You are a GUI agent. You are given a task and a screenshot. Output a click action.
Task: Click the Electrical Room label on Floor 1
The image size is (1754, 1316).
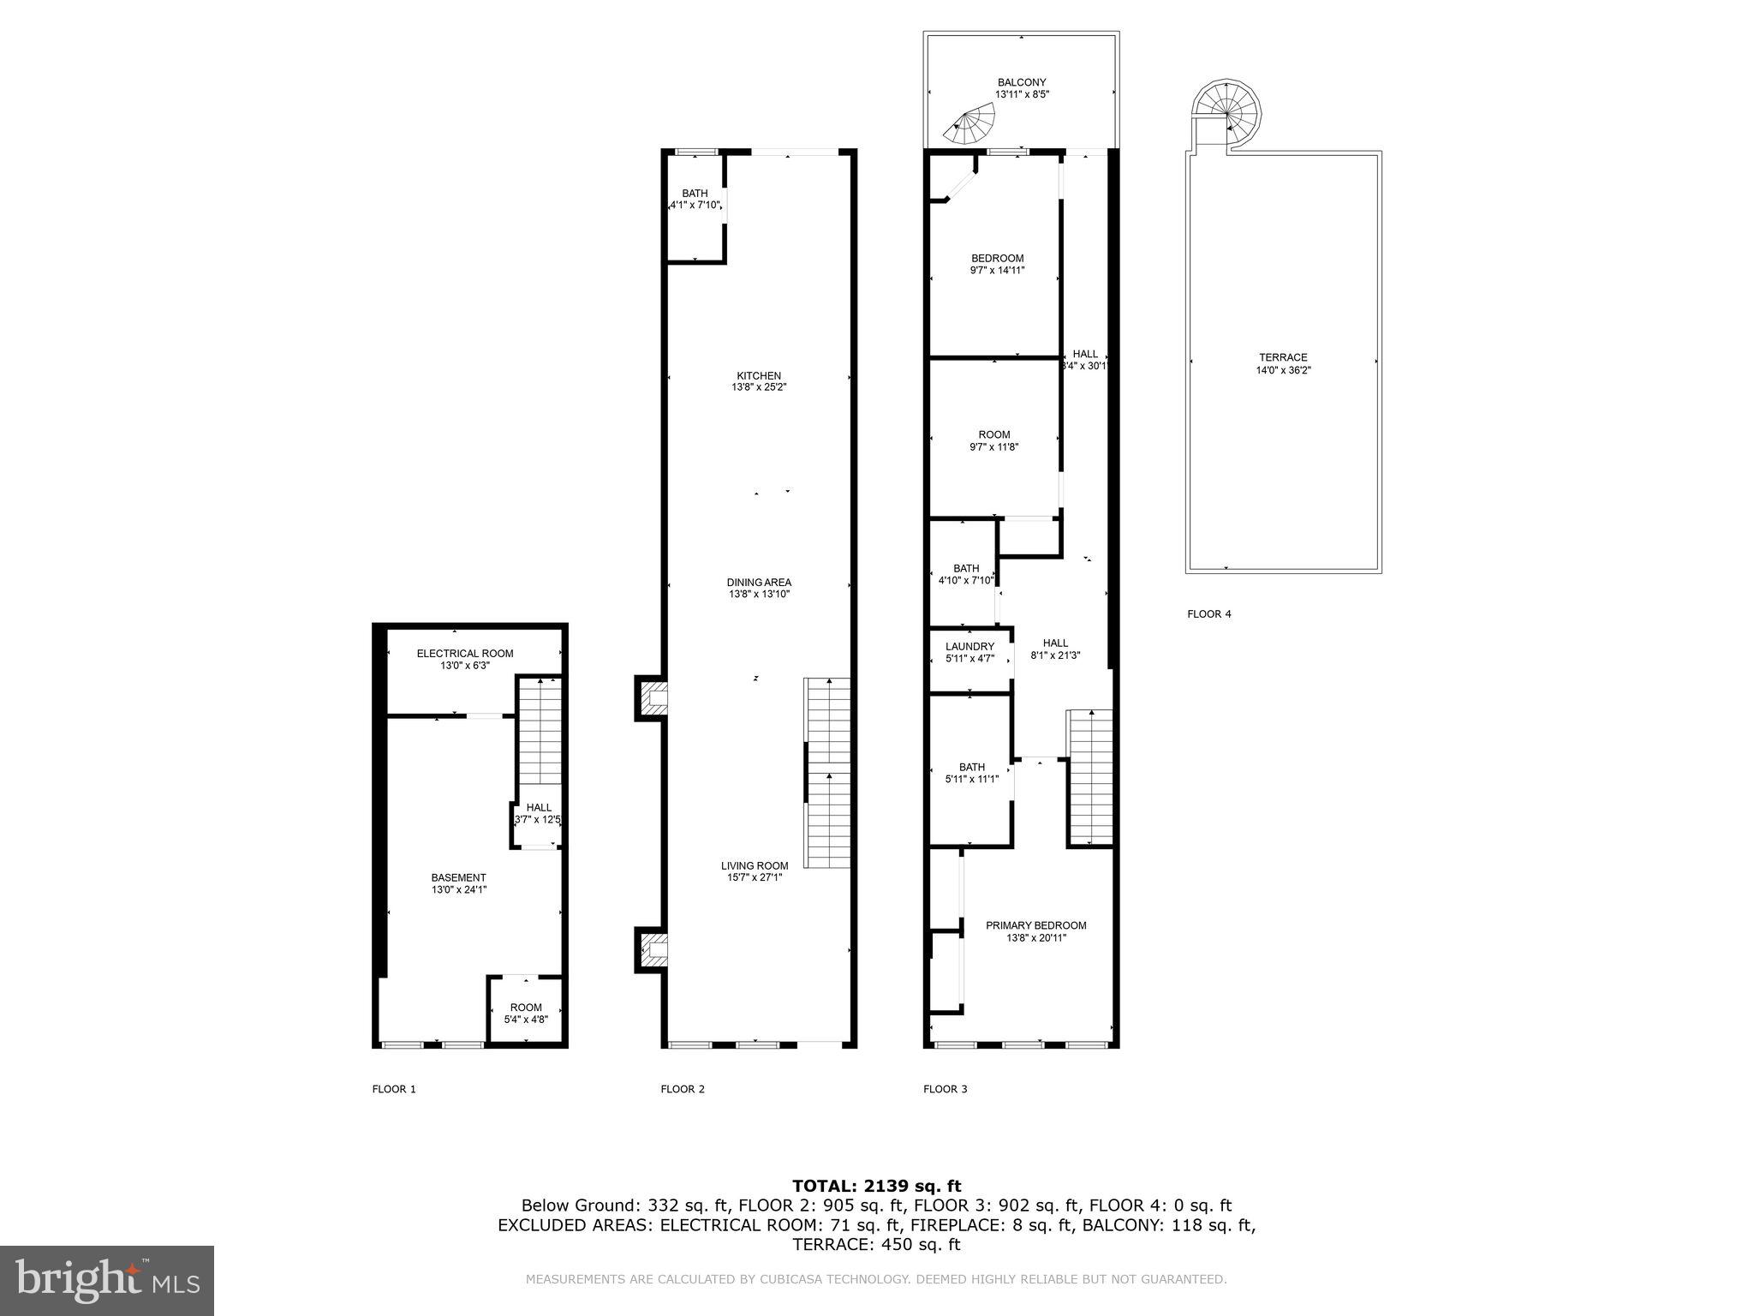(x=465, y=653)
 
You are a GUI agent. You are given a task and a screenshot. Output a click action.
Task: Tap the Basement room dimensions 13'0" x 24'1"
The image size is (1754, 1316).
(x=459, y=889)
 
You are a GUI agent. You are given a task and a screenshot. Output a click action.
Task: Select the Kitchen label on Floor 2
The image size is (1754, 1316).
(x=759, y=375)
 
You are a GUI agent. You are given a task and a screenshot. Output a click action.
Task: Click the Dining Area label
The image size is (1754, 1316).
(x=759, y=582)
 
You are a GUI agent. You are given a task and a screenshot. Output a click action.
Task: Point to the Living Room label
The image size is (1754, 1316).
(x=754, y=865)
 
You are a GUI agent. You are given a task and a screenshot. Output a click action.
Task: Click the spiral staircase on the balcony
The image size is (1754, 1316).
(x=971, y=123)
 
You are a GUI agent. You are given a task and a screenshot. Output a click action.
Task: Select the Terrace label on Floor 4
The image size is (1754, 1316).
(x=1283, y=357)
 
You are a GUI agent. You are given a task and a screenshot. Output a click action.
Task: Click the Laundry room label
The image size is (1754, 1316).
(x=969, y=646)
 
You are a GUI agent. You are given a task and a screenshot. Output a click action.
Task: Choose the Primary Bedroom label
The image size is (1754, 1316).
(x=1035, y=925)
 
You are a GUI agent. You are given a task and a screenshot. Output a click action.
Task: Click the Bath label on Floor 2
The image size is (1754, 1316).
(x=695, y=194)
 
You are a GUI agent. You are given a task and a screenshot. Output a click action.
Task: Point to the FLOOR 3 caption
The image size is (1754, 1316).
(x=945, y=1089)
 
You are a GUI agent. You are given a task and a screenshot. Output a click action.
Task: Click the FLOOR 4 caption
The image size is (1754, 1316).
(x=1208, y=613)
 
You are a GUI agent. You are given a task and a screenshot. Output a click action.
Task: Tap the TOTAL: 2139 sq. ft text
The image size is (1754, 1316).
(x=876, y=1186)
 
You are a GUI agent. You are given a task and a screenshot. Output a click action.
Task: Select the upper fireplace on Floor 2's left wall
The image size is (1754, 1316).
(x=651, y=698)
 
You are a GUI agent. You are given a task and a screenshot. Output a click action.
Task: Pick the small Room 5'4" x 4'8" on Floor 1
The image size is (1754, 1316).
(x=526, y=1013)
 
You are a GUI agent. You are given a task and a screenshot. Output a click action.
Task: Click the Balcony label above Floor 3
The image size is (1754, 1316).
(x=1021, y=82)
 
